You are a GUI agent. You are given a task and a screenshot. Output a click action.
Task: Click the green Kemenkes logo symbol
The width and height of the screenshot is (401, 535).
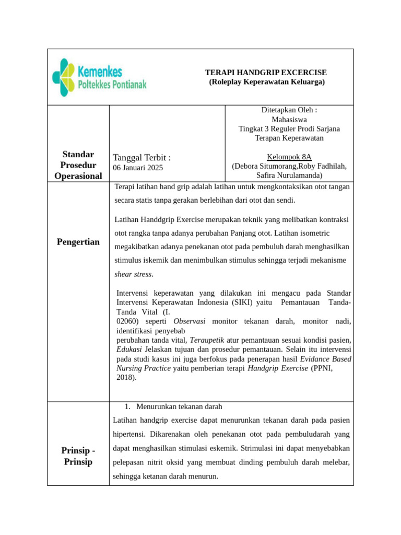64,77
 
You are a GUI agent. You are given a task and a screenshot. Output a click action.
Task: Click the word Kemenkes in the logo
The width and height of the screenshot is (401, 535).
100,71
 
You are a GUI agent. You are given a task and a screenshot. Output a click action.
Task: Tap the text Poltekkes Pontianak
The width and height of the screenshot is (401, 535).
112,85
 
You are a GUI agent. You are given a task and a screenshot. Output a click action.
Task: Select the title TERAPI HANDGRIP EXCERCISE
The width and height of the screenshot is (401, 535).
266,73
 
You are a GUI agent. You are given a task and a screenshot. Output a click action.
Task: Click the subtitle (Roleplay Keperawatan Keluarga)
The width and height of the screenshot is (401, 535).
266,82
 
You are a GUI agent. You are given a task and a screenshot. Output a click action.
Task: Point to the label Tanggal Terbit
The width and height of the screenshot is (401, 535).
141,158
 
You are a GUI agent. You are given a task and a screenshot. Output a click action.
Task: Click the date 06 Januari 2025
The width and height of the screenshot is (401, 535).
138,168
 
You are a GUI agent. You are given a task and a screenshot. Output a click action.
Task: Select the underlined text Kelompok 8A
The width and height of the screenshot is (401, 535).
289,157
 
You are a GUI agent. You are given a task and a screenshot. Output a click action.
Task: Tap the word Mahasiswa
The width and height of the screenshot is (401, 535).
289,120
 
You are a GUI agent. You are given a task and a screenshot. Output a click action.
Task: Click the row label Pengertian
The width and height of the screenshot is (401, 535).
78,242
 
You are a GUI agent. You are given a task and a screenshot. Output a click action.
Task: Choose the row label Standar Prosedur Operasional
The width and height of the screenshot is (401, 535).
78,165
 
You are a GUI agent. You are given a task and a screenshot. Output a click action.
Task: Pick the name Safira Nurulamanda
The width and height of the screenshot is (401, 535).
289,176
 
